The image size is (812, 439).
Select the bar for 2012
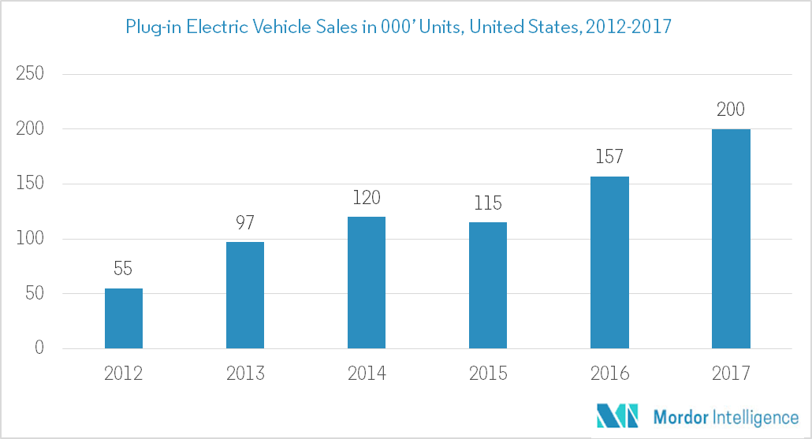pos(124,318)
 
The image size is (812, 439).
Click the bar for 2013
pos(245,296)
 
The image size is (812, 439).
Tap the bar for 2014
pos(367,282)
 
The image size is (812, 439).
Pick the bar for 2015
pos(488,285)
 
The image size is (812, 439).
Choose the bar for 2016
pos(609,262)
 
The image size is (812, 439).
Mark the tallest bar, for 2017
pos(731,239)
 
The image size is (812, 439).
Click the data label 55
pos(124,270)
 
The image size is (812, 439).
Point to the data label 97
pos(245,223)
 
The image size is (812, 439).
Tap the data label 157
pos(609,158)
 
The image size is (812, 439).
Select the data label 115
pos(488,203)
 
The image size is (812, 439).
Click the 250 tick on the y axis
pos(29,74)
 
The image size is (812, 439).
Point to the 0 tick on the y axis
pos(39,348)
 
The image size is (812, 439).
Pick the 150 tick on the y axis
pos(29,184)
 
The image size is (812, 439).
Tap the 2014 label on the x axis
pos(367,373)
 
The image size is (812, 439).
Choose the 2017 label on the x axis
pos(731,373)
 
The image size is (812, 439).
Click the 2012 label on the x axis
pos(124,373)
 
